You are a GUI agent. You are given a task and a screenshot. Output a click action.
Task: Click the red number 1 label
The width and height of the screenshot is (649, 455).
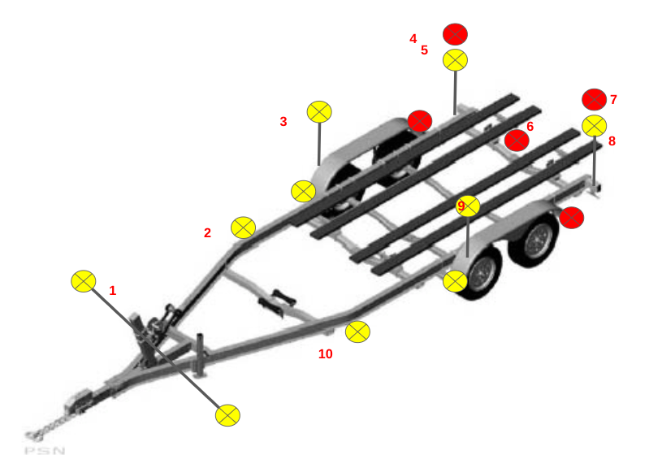[113, 291]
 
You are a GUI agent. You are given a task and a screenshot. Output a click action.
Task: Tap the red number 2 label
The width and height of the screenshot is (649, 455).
[207, 232]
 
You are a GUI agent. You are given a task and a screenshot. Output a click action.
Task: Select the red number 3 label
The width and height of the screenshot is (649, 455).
[283, 122]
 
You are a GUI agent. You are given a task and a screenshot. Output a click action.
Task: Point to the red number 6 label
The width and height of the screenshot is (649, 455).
[530, 126]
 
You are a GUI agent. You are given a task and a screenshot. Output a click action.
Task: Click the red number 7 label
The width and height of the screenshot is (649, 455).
[613, 99]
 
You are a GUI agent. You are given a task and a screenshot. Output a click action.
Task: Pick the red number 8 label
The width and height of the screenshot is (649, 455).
[612, 141]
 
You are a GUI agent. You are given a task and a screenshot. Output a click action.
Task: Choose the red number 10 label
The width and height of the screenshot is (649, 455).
[326, 354]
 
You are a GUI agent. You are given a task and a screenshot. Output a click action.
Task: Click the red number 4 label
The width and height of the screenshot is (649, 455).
[413, 38]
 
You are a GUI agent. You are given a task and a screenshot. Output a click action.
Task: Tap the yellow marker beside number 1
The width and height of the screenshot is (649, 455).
[84, 281]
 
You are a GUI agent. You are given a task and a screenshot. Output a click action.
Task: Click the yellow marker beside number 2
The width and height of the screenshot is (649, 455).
[244, 227]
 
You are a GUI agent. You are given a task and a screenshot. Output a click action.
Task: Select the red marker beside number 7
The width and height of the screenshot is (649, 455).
[595, 99]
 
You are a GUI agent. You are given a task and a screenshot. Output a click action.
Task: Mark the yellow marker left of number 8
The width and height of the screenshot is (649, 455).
[595, 126]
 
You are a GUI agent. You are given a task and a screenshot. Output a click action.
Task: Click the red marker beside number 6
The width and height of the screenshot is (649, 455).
[517, 141]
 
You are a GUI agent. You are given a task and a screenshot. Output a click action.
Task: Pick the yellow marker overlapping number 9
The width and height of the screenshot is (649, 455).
[468, 206]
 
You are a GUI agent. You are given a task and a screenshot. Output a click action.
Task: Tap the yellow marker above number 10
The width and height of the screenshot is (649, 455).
[357, 331]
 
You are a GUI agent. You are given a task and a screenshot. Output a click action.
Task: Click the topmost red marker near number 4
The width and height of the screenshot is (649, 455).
[456, 34]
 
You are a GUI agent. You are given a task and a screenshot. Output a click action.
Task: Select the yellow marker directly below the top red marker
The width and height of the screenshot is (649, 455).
[456, 60]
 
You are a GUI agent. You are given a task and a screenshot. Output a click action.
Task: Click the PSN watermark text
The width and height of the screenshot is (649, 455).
[45, 450]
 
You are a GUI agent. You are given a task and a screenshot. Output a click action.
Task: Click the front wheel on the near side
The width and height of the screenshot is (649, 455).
[479, 272]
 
